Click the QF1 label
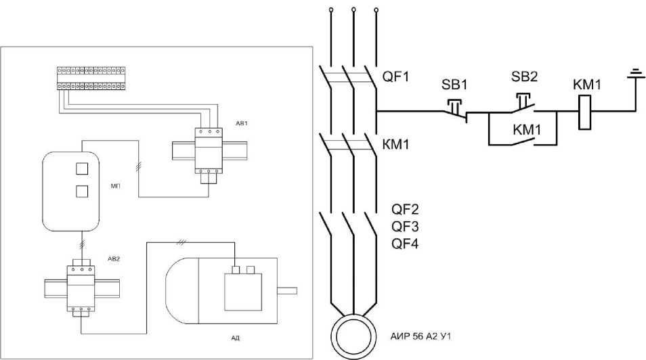(x=395, y=76)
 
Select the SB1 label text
(x=454, y=85)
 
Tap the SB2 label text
(x=525, y=76)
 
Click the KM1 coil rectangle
(x=584, y=112)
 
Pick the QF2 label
(x=405, y=209)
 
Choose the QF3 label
(x=405, y=227)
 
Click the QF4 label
(x=405, y=244)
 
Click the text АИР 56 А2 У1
(x=421, y=336)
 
